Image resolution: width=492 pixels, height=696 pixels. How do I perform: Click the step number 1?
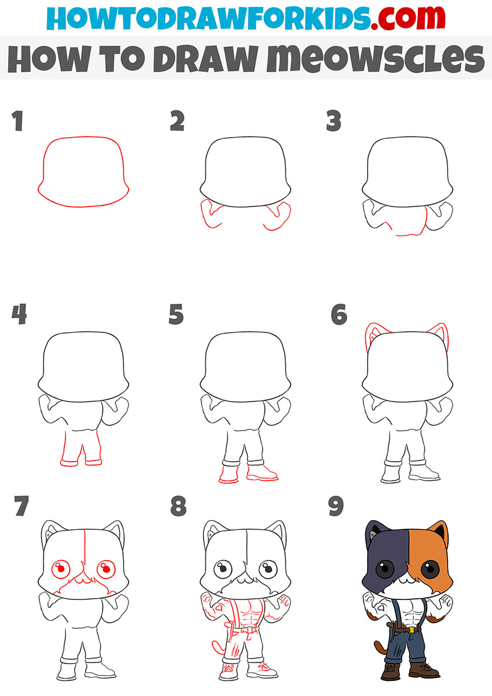tap(18, 120)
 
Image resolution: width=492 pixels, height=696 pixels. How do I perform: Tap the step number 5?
tap(176, 314)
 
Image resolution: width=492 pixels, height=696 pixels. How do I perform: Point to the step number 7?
tap(21, 506)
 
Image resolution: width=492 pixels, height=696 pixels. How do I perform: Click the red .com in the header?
tap(407, 18)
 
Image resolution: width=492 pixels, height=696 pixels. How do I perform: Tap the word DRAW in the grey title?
tap(205, 58)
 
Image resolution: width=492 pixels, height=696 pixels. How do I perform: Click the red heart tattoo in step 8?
tap(220, 606)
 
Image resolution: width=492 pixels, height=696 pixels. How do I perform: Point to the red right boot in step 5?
tap(262, 473)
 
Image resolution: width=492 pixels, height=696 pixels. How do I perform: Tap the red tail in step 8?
tap(218, 647)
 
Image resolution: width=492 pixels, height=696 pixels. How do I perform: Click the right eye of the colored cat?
tap(430, 569)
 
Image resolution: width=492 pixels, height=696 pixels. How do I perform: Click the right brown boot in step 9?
tap(423, 670)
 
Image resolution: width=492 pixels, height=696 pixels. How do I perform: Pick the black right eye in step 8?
tap(268, 569)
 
